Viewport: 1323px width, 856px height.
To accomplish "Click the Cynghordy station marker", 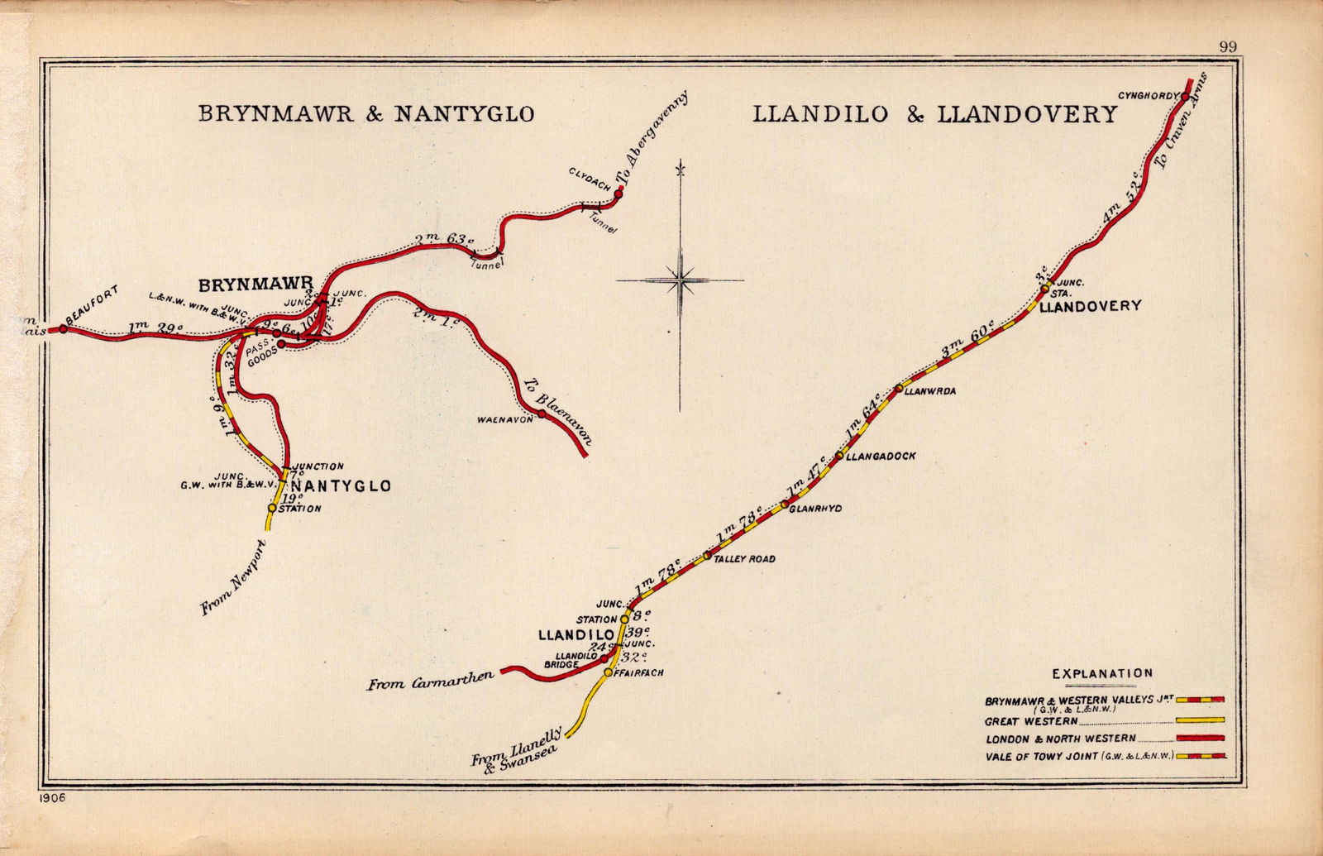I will [1185, 97].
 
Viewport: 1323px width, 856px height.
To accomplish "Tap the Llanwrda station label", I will [930, 392].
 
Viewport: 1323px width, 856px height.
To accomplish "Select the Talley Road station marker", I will [707, 556].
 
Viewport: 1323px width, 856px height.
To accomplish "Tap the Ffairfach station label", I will [639, 673].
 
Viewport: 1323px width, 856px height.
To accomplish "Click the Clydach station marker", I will [618, 195].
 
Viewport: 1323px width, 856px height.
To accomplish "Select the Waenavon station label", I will [505, 420].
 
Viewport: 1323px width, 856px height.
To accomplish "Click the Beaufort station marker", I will [63, 329].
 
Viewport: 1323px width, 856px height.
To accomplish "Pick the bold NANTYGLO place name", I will [341, 486].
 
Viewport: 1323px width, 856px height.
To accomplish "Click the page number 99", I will [1227, 47].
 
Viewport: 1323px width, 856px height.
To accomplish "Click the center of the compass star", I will [681, 280].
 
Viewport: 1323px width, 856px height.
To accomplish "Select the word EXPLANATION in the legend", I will [1101, 673].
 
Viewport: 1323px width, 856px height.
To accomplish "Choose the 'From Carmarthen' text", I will [430, 681].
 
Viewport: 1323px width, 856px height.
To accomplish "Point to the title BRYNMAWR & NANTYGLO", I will [366, 113].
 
